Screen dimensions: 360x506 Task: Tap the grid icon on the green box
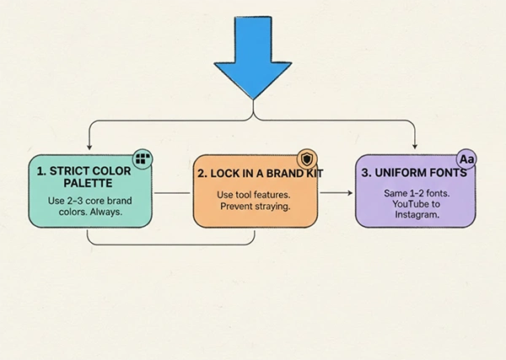[143, 159]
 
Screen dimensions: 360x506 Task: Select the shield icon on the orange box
[307, 159]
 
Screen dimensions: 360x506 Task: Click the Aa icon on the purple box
[467, 159]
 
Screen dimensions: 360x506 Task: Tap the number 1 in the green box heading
[40, 171]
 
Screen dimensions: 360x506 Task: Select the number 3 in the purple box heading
[364, 173]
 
